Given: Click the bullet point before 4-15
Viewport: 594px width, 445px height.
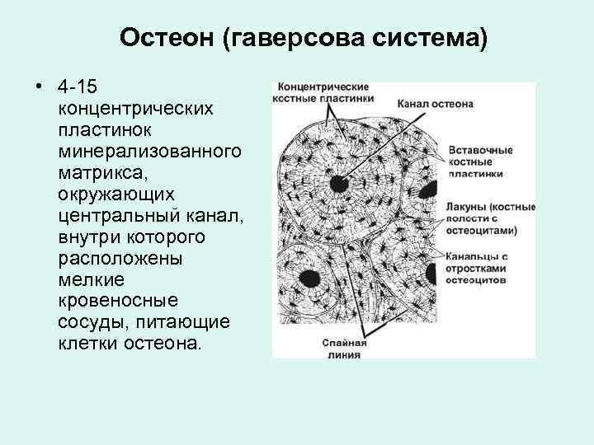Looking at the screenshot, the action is (x=38, y=87).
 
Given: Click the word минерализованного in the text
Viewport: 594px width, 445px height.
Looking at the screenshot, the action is (x=150, y=151).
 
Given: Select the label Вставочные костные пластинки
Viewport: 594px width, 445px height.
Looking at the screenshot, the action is (x=482, y=162).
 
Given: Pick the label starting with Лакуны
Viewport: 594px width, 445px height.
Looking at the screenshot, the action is (x=491, y=217).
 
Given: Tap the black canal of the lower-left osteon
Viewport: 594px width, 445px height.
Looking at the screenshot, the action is (x=311, y=277).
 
